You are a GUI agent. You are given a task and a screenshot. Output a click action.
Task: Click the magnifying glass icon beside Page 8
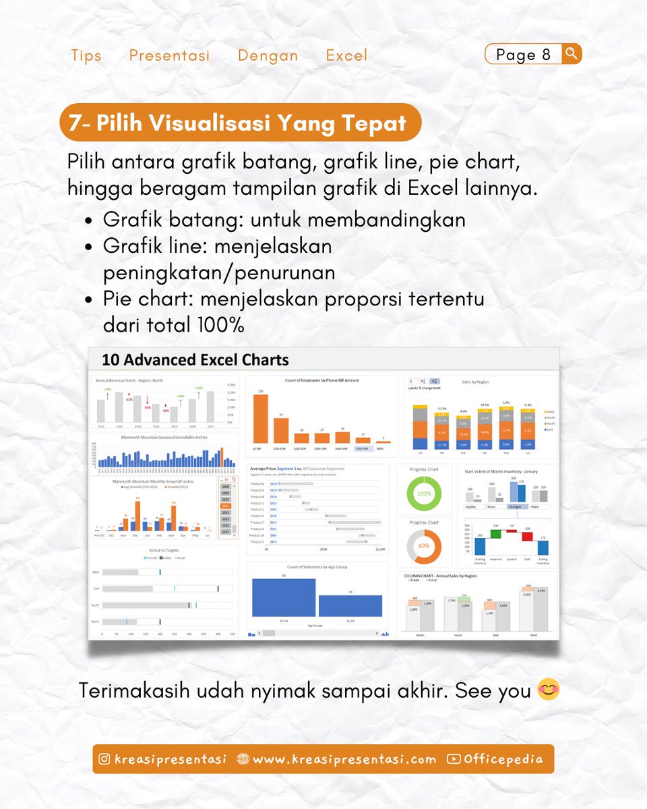(571, 53)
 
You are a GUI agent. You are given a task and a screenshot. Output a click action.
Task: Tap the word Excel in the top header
(346, 55)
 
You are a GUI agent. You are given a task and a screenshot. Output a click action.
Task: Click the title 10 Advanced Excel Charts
(195, 359)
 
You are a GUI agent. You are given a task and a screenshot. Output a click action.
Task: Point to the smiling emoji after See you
(549, 690)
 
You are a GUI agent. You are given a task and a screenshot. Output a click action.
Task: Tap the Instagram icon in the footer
(104, 759)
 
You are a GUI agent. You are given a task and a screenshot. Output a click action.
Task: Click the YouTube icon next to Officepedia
(454, 759)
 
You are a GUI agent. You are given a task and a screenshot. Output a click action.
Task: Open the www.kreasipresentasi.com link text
(344, 759)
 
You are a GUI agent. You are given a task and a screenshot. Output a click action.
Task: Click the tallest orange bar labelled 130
(260, 418)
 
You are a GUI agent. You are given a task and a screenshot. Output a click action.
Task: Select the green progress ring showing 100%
(424, 493)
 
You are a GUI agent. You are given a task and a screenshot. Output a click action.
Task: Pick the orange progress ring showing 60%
(424, 545)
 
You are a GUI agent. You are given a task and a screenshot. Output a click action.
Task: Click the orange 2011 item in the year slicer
(226, 505)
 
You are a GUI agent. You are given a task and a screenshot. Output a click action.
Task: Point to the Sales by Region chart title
(476, 382)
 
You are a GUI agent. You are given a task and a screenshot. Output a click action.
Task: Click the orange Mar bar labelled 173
(173, 516)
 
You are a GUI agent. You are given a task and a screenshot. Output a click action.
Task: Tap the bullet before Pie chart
(89, 299)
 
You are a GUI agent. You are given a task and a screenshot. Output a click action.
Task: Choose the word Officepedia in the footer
(503, 759)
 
